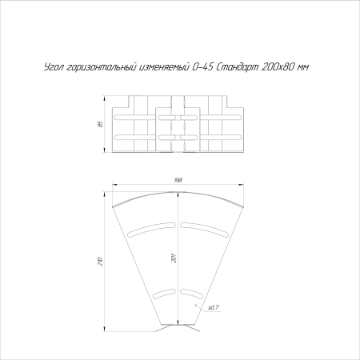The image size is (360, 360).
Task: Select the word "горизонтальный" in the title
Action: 101,69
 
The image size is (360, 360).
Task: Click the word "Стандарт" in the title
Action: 238,69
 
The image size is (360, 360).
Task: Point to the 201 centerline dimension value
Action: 173,258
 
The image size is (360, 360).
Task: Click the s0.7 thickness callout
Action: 214,307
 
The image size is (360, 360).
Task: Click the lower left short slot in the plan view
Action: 164,292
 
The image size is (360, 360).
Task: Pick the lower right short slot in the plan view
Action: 192,292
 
